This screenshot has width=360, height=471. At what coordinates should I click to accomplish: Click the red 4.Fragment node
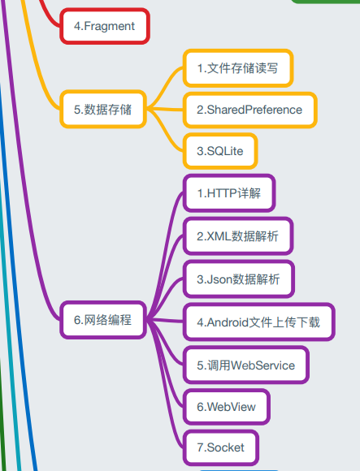pos(105,26)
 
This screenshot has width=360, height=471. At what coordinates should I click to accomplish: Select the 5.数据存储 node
pos(103,110)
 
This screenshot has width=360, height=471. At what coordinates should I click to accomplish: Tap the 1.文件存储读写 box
pos(238,68)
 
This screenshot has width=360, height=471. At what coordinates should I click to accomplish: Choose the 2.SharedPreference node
pos(249,110)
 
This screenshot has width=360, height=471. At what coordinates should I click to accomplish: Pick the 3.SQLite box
pos(220,151)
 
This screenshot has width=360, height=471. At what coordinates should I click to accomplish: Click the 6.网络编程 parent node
pos(103,320)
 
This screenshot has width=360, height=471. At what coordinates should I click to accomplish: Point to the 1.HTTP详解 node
pos(229,193)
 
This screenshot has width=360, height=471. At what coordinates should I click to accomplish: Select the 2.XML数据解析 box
pos(238,236)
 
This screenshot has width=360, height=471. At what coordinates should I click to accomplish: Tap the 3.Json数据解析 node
pos(239,279)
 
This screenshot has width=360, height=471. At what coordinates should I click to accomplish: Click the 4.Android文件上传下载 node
pos(258,322)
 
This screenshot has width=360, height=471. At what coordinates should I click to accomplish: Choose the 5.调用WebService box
pos(246,365)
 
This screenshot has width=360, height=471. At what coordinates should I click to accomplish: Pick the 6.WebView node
pos(227,407)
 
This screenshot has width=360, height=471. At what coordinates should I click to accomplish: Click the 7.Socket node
pos(221,447)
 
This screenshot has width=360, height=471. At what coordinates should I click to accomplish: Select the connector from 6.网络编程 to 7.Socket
pos(165,383)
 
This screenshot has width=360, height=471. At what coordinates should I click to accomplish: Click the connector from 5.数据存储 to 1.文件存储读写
pos(165,88)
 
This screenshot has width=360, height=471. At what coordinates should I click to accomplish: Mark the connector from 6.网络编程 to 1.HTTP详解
pos(165,255)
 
